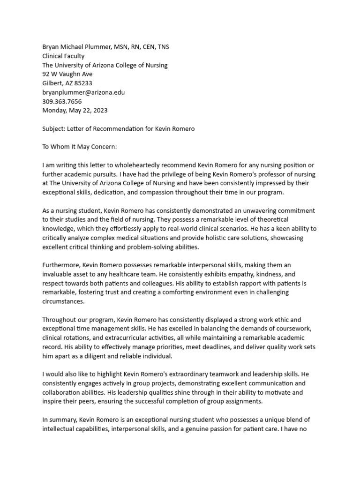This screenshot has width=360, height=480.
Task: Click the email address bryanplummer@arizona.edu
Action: tap(83, 92)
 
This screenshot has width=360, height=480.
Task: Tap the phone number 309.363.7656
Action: tap(62, 101)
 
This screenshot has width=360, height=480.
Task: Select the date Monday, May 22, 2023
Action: tap(75, 111)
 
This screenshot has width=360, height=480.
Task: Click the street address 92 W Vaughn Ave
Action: tap(67, 74)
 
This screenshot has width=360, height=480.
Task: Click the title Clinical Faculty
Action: tap(63, 56)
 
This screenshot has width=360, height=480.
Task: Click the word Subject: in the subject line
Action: tap(53, 129)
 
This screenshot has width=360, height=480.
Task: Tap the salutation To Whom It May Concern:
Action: tap(79, 147)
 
